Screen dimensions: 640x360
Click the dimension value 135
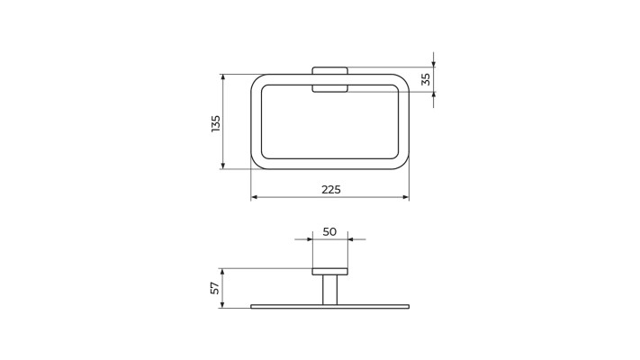(x=216, y=123)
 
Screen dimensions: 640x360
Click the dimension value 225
(x=330, y=190)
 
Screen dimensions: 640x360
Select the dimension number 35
(x=425, y=79)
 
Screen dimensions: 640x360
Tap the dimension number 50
(x=329, y=232)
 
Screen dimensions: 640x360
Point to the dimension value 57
(x=215, y=288)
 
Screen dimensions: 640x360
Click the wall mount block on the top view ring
(x=329, y=79)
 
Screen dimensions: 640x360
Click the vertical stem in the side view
(x=329, y=290)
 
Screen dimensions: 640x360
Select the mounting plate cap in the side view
(x=329, y=272)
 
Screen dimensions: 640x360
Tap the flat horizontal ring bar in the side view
(x=329, y=307)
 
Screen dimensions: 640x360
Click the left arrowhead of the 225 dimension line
(x=254, y=198)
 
